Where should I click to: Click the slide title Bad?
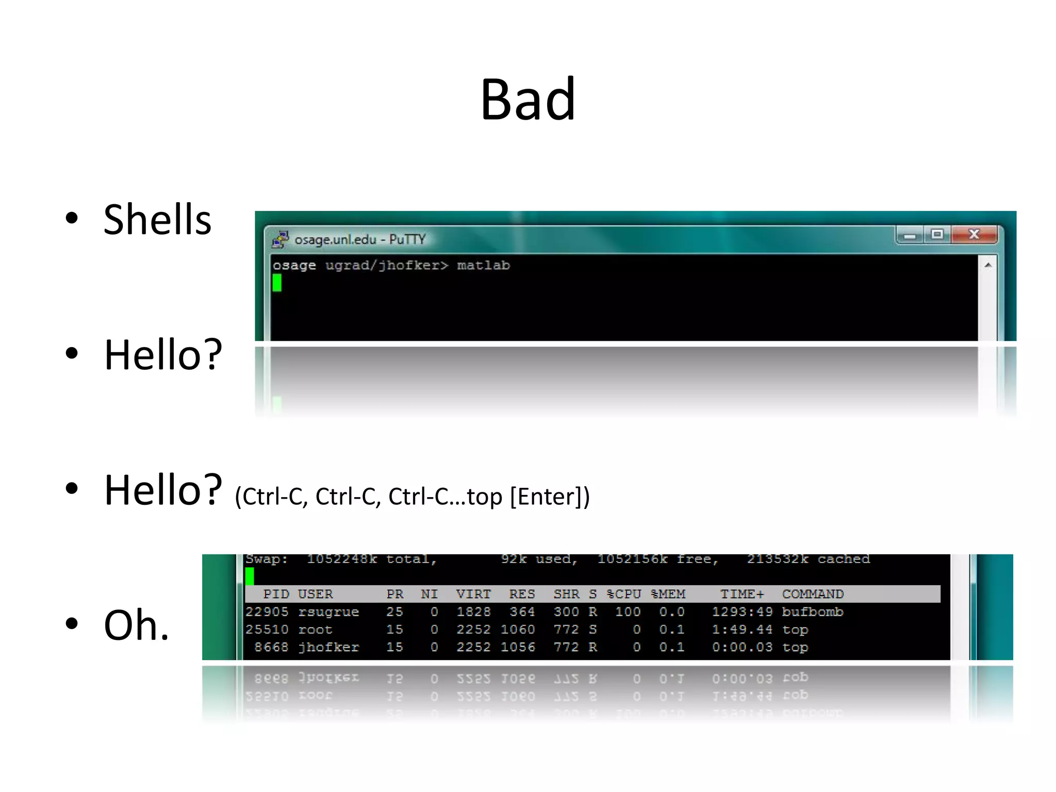click(x=527, y=99)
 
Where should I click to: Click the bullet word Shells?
click(x=157, y=220)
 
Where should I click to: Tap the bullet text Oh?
click(x=136, y=625)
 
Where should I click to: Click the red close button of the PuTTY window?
click(x=974, y=235)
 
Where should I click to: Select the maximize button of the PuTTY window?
click(x=937, y=235)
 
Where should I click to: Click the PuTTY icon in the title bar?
click(x=280, y=239)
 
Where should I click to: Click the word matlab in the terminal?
click(x=483, y=266)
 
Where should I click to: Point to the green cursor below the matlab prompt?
click(x=277, y=283)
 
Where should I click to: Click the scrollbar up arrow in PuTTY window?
click(x=987, y=265)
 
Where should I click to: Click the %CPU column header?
click(x=623, y=594)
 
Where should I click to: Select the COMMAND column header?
click(x=813, y=594)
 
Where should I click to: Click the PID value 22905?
click(x=267, y=612)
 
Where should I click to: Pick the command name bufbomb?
click(x=812, y=612)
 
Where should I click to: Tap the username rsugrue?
click(x=328, y=612)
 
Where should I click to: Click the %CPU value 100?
click(x=628, y=612)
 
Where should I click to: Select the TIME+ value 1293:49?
click(x=742, y=612)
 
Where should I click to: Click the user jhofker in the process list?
click(x=328, y=647)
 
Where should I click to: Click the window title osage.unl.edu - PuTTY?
click(x=360, y=240)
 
